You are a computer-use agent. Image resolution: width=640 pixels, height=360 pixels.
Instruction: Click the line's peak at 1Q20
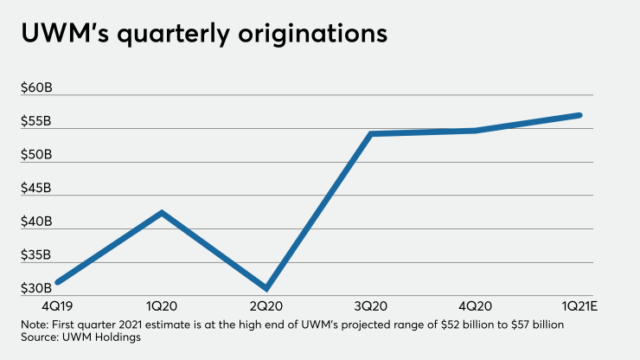coord(161,212)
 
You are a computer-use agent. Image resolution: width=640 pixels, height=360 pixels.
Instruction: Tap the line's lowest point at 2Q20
coord(266,288)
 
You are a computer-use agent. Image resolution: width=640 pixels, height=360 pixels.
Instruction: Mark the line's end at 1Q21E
coord(580,115)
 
